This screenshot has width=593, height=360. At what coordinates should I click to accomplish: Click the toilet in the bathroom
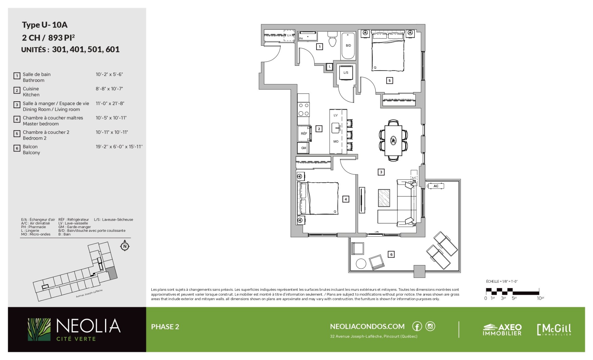click(332, 39)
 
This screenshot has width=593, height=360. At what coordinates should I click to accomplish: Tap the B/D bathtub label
click(348, 45)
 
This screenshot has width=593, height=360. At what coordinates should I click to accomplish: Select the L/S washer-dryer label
click(346, 73)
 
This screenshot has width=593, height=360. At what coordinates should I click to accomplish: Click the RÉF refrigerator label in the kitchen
click(304, 133)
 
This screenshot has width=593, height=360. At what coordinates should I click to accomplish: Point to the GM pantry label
click(304, 148)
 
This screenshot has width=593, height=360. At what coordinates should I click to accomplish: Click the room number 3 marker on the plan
click(381, 172)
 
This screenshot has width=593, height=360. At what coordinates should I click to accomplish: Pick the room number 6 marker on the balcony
click(391, 254)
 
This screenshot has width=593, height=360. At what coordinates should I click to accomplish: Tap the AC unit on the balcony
click(436, 186)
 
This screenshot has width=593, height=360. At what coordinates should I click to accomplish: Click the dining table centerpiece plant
click(393, 141)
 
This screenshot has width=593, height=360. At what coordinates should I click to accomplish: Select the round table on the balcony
click(361, 264)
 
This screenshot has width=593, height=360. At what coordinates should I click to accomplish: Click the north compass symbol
click(125, 246)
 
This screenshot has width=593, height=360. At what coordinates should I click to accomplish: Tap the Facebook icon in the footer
click(417, 326)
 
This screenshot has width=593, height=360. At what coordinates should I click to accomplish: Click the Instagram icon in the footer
click(430, 326)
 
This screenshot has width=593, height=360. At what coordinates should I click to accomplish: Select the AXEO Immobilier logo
click(502, 329)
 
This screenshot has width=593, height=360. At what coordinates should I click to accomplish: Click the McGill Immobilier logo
click(554, 329)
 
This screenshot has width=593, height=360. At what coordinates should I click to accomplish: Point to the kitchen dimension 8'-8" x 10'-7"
click(109, 89)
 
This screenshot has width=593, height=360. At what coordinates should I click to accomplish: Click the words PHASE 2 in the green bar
click(165, 327)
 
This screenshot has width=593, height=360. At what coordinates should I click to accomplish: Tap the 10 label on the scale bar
click(540, 298)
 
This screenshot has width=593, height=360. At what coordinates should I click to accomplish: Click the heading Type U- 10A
click(44, 25)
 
